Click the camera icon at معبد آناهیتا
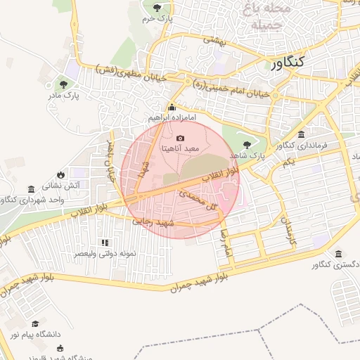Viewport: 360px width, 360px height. point(181,139)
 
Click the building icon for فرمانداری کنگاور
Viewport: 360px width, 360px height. point(301,134)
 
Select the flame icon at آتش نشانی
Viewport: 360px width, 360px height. point(61,174)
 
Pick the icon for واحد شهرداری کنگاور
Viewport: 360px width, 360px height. point(31,189)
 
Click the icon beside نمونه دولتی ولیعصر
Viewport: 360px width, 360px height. point(105,242)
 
